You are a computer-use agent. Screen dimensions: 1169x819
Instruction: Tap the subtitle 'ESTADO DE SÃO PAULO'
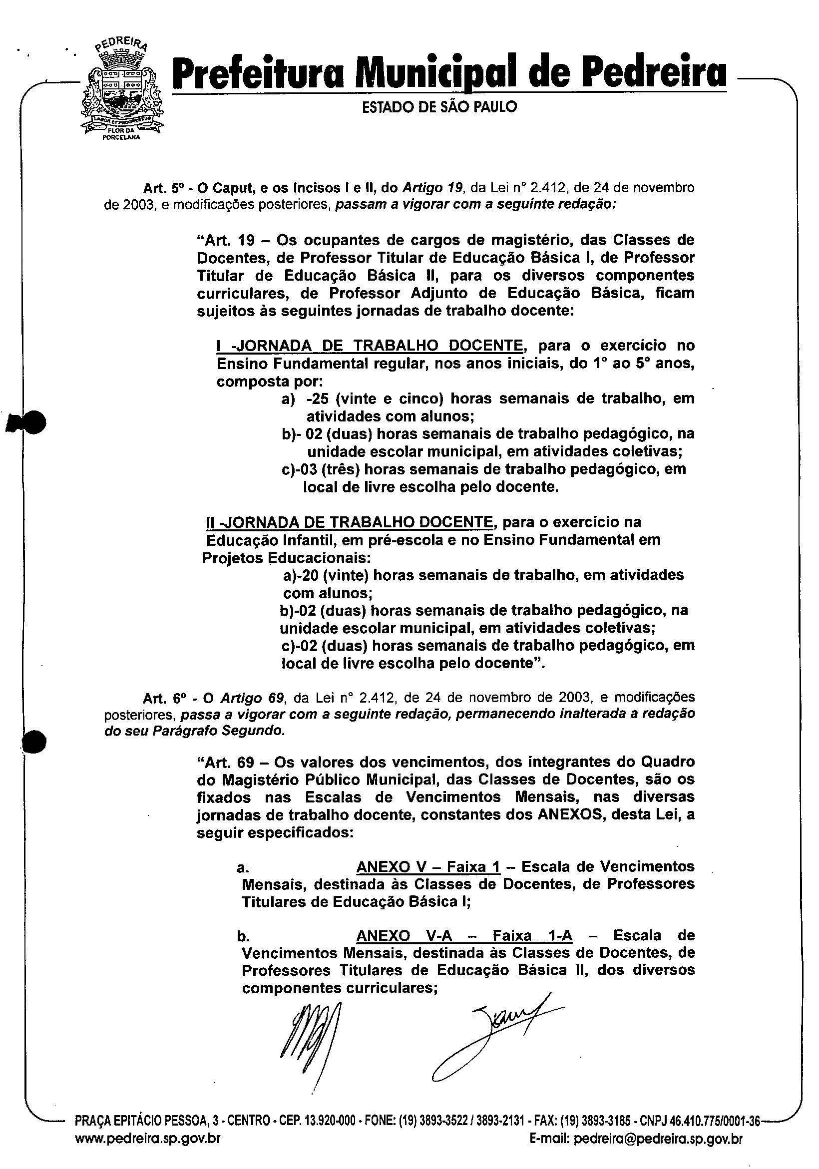click(x=439, y=107)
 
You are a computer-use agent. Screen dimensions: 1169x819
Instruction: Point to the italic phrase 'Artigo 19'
click(x=432, y=188)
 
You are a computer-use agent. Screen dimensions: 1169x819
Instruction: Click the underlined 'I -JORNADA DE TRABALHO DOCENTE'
click(x=370, y=346)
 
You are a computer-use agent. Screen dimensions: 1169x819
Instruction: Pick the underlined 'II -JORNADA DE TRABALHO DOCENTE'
click(x=348, y=522)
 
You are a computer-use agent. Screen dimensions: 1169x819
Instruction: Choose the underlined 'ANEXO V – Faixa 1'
click(x=428, y=866)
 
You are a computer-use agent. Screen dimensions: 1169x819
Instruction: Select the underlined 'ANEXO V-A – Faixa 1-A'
click(x=464, y=935)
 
